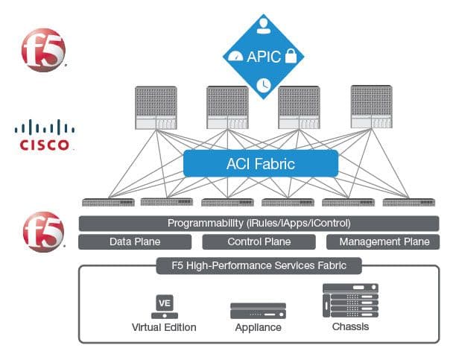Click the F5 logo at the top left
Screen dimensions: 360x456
click(43, 49)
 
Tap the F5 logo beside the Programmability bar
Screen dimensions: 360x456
click(43, 231)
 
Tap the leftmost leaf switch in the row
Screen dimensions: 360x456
click(102, 202)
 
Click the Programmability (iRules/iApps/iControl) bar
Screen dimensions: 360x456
click(259, 223)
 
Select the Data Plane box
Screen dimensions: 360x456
click(135, 241)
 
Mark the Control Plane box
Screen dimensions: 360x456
click(259, 241)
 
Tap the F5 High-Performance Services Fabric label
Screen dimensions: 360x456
click(259, 265)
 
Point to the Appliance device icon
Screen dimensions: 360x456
click(258, 310)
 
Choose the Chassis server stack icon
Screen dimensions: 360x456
click(350, 302)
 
